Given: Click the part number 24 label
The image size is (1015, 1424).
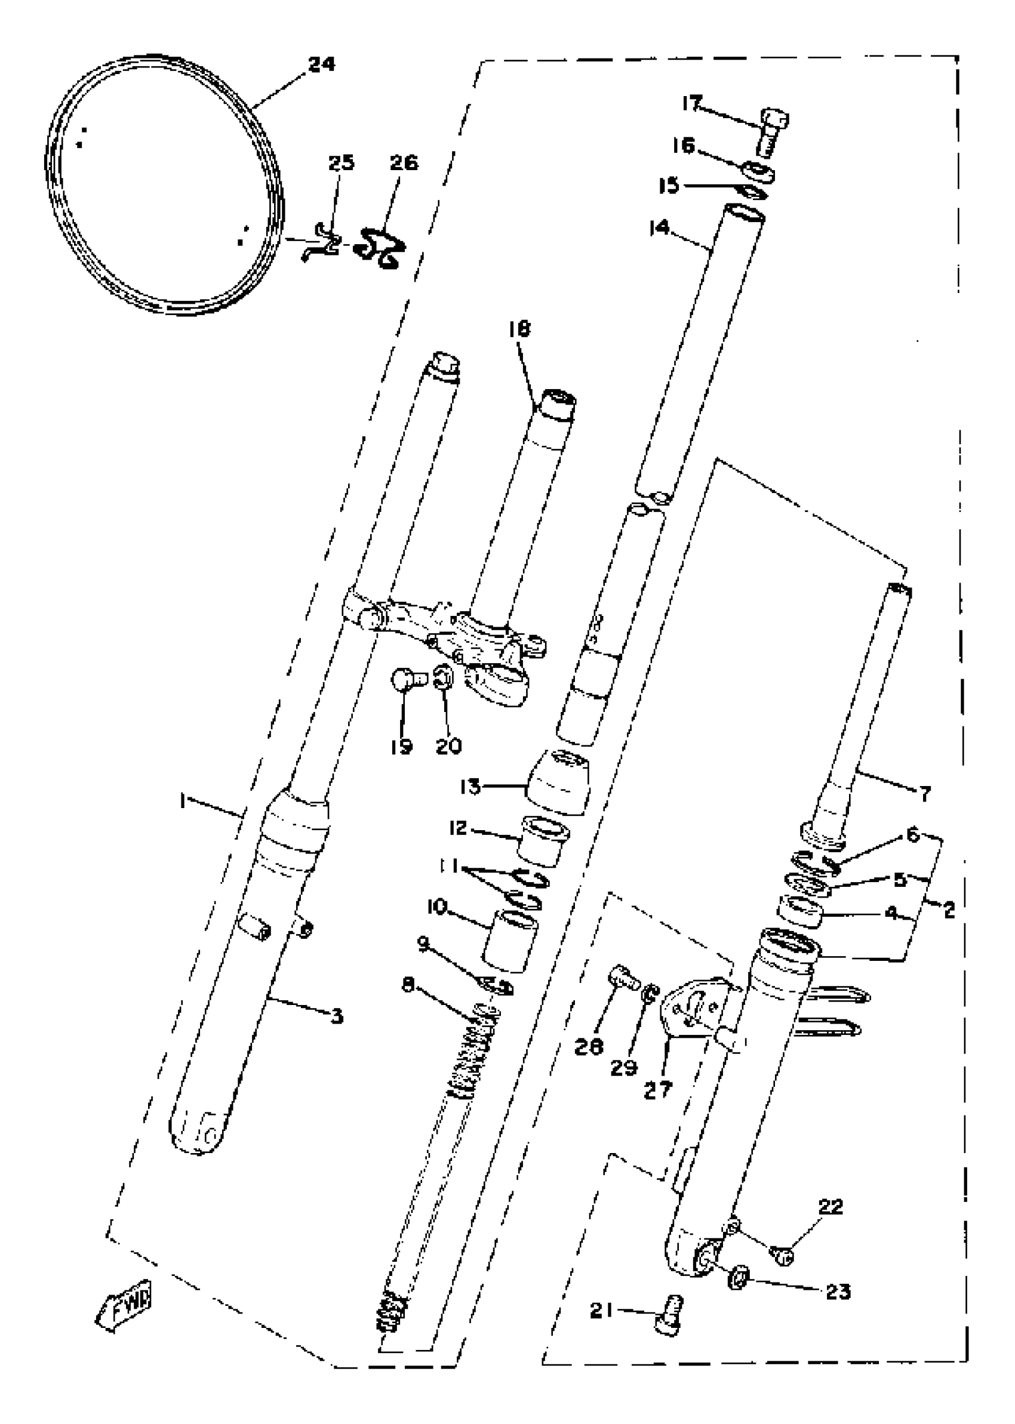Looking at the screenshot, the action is [322, 64].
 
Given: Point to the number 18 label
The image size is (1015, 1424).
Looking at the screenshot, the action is [519, 329].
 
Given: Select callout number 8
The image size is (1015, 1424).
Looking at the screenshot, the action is [408, 985].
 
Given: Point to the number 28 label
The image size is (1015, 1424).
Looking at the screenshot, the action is [589, 1047].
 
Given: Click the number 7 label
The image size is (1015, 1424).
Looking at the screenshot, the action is [925, 794].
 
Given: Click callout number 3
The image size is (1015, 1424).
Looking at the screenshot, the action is [337, 1018].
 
